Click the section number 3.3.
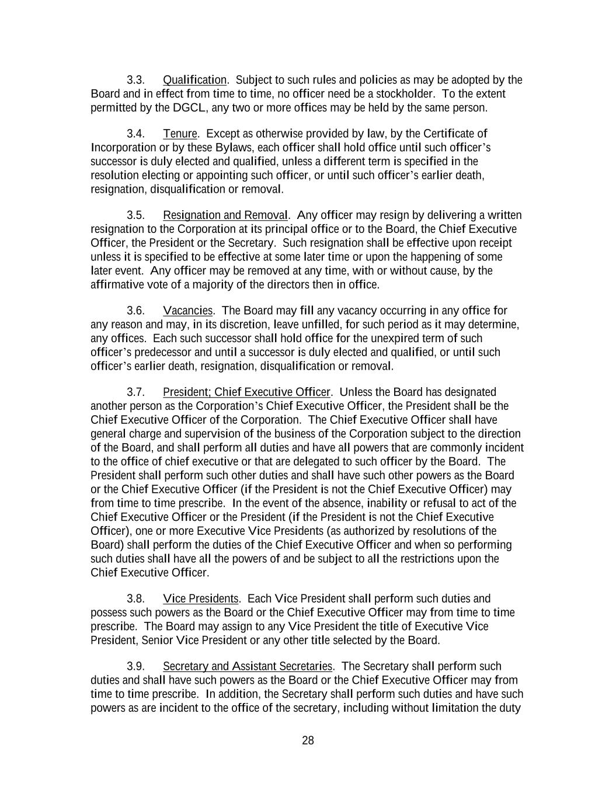click(x=135, y=80)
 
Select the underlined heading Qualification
click(x=194, y=80)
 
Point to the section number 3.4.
click(x=135, y=134)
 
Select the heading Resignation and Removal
click(x=225, y=215)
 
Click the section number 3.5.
click(x=135, y=215)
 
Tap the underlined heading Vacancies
click(x=188, y=311)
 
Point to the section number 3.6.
click(x=135, y=311)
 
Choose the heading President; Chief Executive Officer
click(x=246, y=392)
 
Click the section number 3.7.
click(x=135, y=392)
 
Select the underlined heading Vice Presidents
click(x=201, y=599)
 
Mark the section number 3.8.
click(x=135, y=599)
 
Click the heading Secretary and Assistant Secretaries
click(x=248, y=667)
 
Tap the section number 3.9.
click(x=135, y=667)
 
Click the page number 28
click(x=308, y=741)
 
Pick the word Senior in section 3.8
click(x=158, y=641)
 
